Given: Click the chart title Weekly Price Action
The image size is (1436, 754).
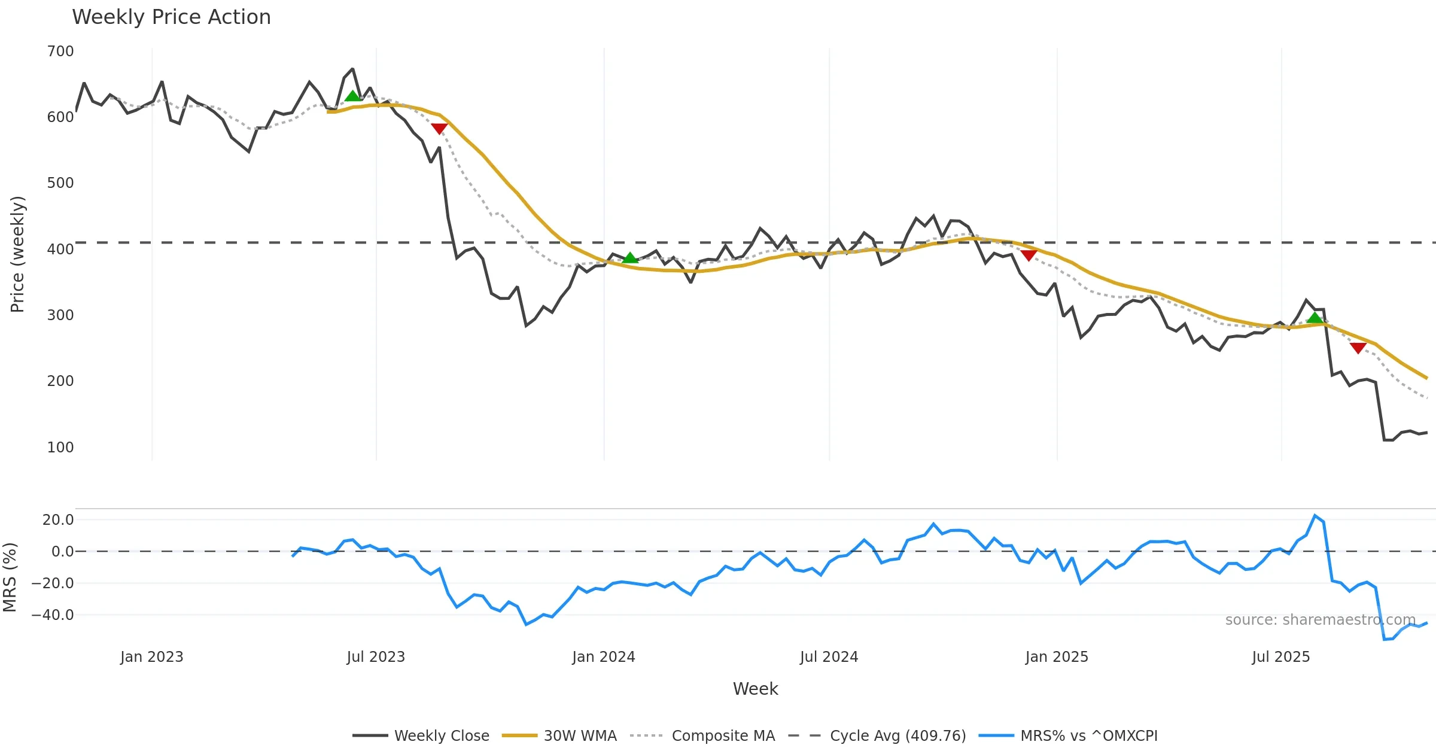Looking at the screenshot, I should pyautogui.click(x=171, y=17).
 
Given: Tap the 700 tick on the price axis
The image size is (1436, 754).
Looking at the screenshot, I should pyautogui.click(x=60, y=51).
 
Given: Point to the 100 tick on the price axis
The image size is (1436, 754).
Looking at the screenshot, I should pyautogui.click(x=60, y=447).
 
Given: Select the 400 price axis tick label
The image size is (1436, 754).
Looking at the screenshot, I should pyautogui.click(x=60, y=249).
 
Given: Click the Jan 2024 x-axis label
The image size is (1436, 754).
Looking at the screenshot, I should pyautogui.click(x=603, y=657).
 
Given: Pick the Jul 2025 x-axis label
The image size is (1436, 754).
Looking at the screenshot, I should pyautogui.click(x=1280, y=657).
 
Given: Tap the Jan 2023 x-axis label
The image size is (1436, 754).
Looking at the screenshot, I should pyautogui.click(x=151, y=657).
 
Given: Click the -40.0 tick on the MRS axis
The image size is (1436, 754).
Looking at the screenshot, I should pyautogui.click(x=53, y=615).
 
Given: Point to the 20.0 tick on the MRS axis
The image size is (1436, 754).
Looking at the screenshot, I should pyautogui.click(x=58, y=520).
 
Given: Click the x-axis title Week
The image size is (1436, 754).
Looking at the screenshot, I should pyautogui.click(x=755, y=689).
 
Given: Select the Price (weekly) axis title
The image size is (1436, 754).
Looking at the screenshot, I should pyautogui.click(x=17, y=254).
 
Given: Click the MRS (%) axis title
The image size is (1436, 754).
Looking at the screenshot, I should pyautogui.click(x=10, y=577).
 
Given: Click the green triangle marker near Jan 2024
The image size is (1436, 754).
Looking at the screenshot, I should pyautogui.click(x=630, y=258).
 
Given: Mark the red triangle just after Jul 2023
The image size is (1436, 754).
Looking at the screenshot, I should pyautogui.click(x=439, y=129).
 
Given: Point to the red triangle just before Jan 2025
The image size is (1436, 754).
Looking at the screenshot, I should pyautogui.click(x=1029, y=256).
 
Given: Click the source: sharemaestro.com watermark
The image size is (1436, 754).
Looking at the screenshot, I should pyautogui.click(x=1320, y=620).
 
